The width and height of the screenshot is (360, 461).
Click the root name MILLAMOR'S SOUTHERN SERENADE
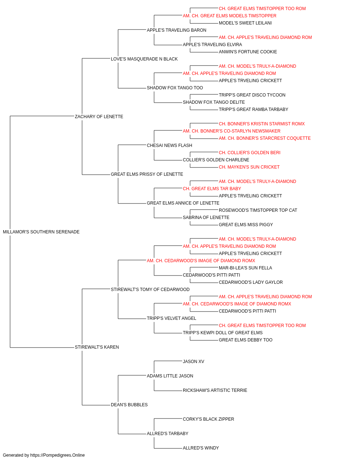pyautogui.click(x=41, y=232)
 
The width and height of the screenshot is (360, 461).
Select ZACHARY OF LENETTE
pyautogui.click(x=99, y=117)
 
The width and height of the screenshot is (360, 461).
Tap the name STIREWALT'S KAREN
pyautogui.click(x=97, y=347)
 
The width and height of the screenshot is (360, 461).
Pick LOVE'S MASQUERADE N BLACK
pyautogui.click(x=144, y=59)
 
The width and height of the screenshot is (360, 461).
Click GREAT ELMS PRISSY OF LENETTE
pyautogui.click(x=147, y=174)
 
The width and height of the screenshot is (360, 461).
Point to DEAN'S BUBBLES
pyautogui.click(x=129, y=405)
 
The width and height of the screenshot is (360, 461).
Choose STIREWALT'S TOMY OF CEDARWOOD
pyautogui.click(x=150, y=290)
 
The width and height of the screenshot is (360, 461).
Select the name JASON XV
pyautogui.click(x=193, y=362)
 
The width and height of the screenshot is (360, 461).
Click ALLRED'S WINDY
pyautogui.click(x=201, y=448)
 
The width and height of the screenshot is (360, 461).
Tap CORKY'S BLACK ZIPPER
pyautogui.click(x=208, y=419)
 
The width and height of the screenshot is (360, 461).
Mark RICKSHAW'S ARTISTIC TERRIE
pyautogui.click(x=215, y=390)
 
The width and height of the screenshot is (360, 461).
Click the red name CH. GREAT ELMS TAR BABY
pyautogui.click(x=212, y=189)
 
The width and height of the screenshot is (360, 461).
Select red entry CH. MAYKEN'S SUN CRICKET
pyautogui.click(x=249, y=167)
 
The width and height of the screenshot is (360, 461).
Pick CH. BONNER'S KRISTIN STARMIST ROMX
pyautogui.click(x=262, y=124)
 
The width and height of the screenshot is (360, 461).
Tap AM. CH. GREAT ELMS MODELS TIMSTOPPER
pyautogui.click(x=230, y=16)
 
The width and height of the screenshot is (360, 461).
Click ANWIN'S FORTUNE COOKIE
pyautogui.click(x=248, y=52)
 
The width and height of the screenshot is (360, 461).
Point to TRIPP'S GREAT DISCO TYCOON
pyautogui.click(x=252, y=95)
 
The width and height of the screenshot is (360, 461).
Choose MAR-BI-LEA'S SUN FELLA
pyautogui.click(x=245, y=268)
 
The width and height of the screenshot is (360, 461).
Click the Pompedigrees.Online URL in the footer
pyautogui.click(x=58, y=455)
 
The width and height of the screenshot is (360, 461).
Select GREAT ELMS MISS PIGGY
pyautogui.click(x=246, y=225)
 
